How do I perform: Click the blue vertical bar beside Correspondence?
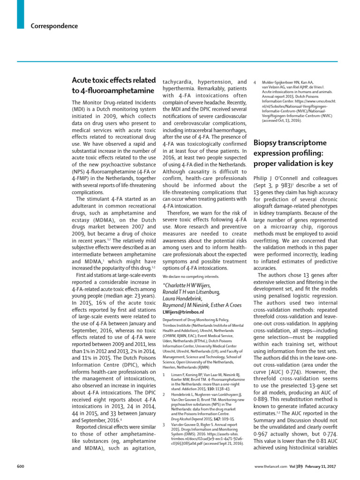click(x=20, y=13)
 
